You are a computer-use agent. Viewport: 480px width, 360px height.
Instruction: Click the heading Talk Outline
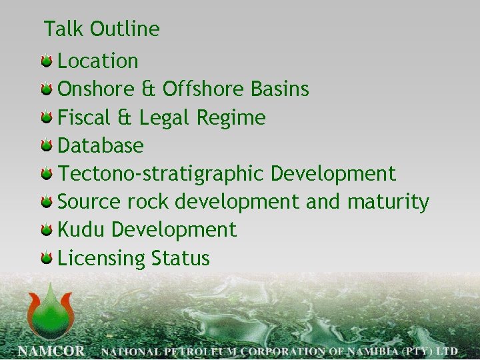[102, 29]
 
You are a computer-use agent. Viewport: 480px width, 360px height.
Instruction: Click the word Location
[98, 61]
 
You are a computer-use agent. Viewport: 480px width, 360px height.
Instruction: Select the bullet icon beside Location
[46, 62]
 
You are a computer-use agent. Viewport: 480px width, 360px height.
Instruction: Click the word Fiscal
[85, 118]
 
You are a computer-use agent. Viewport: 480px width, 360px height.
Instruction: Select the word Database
[101, 145]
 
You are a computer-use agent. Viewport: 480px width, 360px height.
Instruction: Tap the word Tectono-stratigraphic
[161, 174]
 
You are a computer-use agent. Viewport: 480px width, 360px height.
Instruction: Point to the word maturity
[387, 202]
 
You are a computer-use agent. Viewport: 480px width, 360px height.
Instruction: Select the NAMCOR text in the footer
[51, 349]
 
